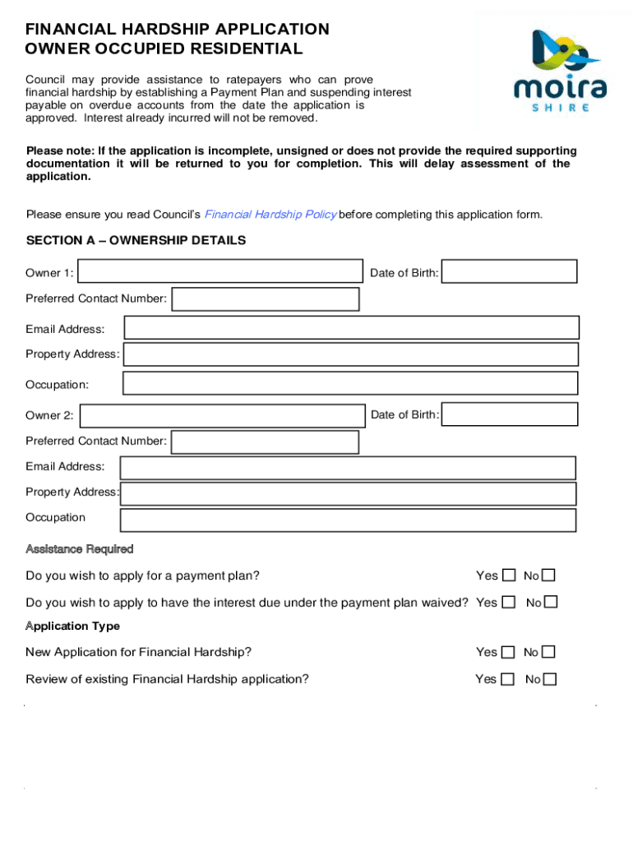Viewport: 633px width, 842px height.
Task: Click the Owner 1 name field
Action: point(220,272)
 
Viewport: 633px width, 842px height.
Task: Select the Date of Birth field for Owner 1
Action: point(510,272)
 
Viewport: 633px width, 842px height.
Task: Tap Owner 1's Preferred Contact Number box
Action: point(266,299)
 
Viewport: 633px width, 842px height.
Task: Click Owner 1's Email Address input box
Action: point(351,328)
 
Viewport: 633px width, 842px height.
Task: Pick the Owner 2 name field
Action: point(222,416)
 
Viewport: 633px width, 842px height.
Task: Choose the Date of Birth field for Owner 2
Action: point(508,415)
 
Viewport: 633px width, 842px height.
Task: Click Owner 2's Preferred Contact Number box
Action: point(265,442)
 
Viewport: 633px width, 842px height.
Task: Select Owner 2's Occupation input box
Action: point(348,520)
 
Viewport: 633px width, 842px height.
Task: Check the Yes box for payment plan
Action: point(509,575)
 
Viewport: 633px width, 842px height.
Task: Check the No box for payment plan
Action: point(549,575)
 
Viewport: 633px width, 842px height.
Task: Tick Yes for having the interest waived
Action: point(509,602)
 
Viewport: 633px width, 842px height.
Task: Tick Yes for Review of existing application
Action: point(508,678)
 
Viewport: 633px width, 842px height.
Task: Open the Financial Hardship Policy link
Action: point(270,215)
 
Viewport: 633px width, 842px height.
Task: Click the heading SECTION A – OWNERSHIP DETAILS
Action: point(136,241)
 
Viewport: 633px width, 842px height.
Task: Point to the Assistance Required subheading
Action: point(79,548)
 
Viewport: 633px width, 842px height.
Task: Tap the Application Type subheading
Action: point(72,626)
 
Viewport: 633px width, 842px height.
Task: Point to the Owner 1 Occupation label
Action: point(57,384)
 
